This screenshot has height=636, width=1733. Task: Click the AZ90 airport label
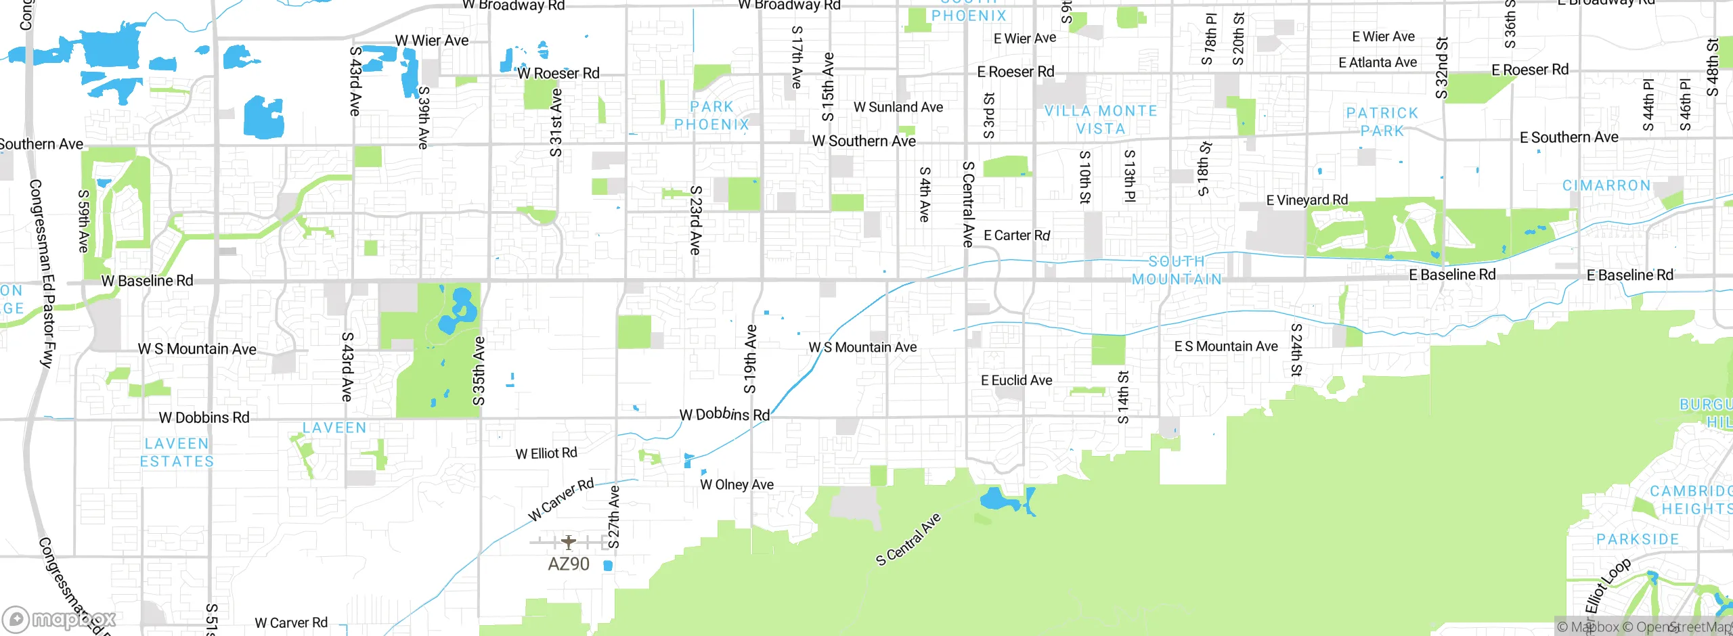(568, 564)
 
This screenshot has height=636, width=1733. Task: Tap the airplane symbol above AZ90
(568, 542)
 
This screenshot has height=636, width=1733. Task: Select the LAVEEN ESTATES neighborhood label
(177, 453)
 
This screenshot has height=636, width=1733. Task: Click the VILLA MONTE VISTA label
(1101, 120)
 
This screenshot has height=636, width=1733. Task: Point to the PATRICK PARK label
(1382, 122)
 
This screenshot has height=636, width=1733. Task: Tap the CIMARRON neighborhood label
(1606, 185)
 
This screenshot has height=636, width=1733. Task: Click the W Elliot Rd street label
(546, 453)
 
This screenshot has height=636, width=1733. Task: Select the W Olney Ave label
(737, 484)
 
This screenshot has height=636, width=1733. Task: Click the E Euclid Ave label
(1016, 380)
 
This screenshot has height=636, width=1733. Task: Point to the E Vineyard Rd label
(1307, 200)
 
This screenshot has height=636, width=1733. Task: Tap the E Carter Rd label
(1016, 235)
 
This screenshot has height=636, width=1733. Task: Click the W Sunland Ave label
(898, 107)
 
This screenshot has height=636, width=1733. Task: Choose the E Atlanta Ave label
(1377, 63)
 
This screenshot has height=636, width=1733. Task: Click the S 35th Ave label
(479, 371)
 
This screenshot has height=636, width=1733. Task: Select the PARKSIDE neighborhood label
(1637, 539)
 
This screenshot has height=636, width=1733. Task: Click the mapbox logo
(59, 619)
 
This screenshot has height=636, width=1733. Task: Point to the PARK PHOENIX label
(711, 116)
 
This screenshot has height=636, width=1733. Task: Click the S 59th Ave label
(83, 221)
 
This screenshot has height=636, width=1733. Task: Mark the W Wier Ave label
(432, 41)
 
